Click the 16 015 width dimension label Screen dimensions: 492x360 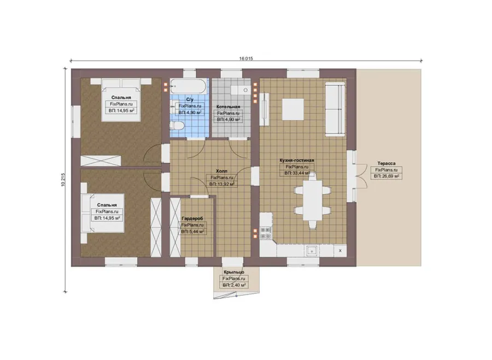(x=245, y=58)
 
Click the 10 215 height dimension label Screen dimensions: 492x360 (x=63, y=180)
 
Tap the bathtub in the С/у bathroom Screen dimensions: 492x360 (x=189, y=86)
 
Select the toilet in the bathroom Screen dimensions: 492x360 (x=176, y=126)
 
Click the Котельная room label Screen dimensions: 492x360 (x=228, y=107)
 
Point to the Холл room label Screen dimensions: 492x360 (x=221, y=171)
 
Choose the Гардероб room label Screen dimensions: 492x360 (x=192, y=219)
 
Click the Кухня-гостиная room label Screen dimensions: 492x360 (x=297, y=160)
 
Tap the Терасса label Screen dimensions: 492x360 (x=386, y=163)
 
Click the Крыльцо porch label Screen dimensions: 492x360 (x=234, y=272)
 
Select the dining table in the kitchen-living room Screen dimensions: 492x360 (x=313, y=200)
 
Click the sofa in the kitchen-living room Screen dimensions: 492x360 (x=335, y=109)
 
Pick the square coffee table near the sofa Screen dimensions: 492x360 (x=293, y=109)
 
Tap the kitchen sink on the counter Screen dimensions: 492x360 (x=312, y=251)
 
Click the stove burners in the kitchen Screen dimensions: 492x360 (x=266, y=233)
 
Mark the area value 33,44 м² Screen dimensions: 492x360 (x=297, y=173)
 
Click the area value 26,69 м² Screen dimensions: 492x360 (x=386, y=176)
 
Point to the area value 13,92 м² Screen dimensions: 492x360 (x=221, y=184)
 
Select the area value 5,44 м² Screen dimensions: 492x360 (x=192, y=232)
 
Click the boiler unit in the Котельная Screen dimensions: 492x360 (x=241, y=90)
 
